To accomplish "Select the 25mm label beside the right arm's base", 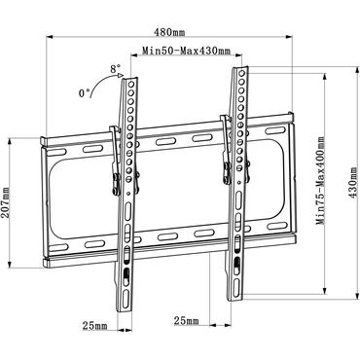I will (x=187, y=320).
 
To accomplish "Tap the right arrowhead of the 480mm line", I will (x=297, y=39).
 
